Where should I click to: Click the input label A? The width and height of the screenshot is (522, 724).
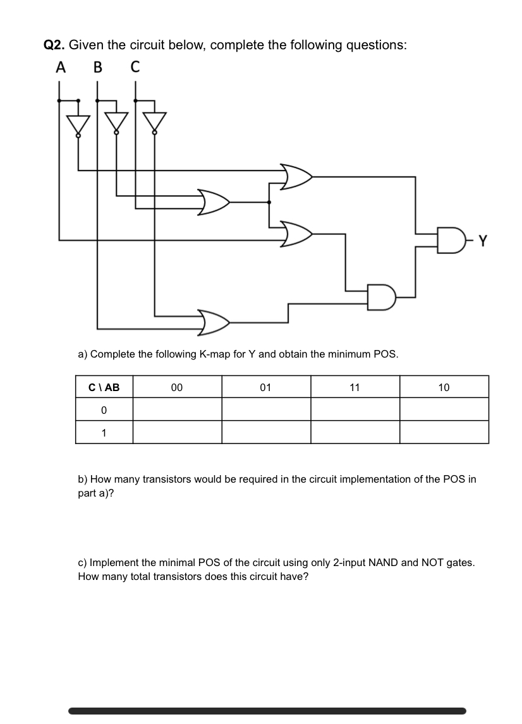61,68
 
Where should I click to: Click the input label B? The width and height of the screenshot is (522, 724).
97,68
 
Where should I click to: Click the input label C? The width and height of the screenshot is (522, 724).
135,68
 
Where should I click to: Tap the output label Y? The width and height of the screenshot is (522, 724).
483,240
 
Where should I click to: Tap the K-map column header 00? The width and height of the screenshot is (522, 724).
177,387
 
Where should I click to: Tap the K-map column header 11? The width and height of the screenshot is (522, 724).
355,387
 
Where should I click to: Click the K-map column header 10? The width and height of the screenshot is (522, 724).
444,387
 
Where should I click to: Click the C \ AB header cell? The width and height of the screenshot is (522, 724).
104,387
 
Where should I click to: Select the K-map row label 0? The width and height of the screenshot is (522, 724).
104,410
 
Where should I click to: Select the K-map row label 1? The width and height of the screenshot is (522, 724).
104,433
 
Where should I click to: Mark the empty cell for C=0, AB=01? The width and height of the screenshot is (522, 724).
265,409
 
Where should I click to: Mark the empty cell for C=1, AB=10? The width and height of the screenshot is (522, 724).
444,432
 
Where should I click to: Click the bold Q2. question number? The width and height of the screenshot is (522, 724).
54,45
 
